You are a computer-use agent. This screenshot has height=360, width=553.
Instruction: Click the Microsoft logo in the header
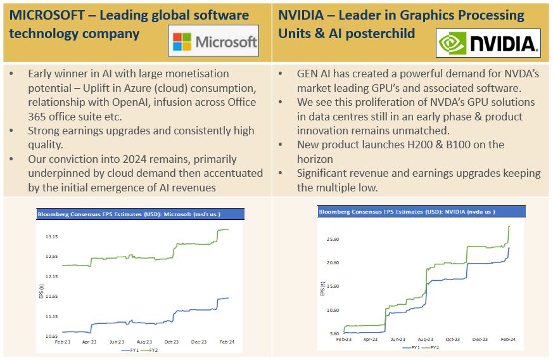(x=216, y=42)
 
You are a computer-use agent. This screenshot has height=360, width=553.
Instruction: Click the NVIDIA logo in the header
(x=488, y=43)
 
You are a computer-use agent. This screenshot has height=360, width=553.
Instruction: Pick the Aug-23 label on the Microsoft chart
(x=143, y=342)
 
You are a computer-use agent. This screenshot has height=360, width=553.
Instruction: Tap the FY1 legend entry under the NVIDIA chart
(x=412, y=347)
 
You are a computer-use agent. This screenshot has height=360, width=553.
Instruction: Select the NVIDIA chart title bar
(x=416, y=210)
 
